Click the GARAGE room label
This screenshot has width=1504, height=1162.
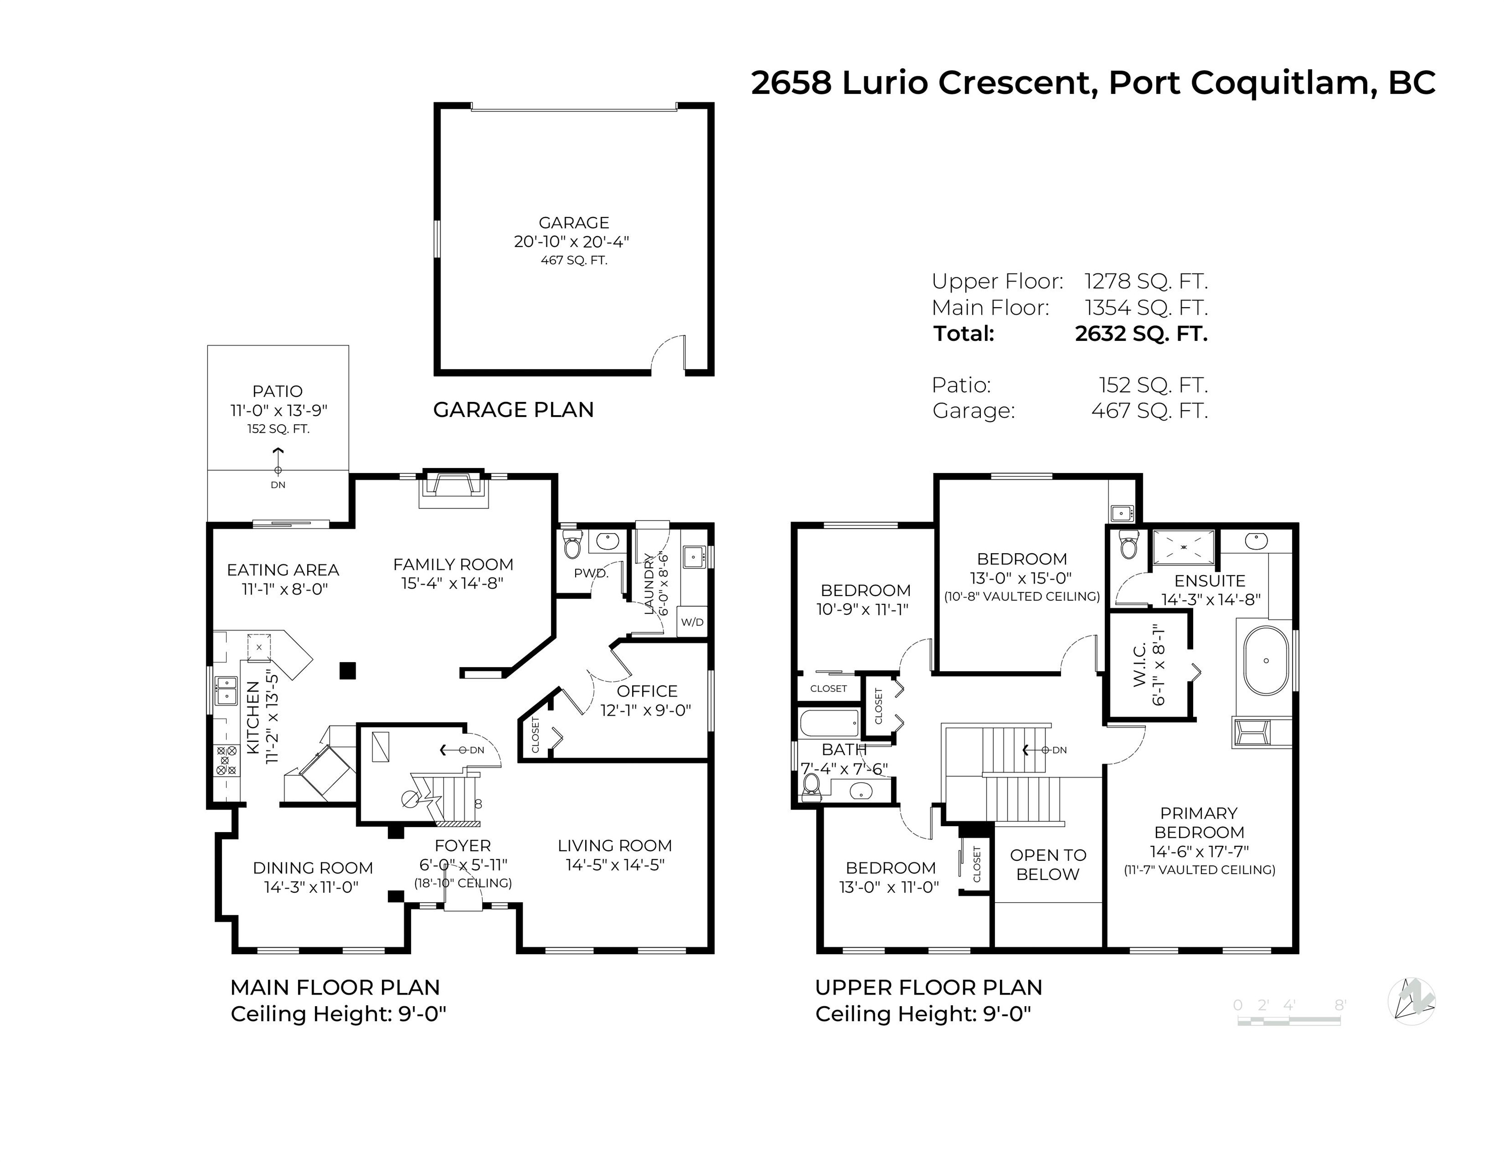[x=574, y=223]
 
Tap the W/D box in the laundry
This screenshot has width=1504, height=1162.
[x=692, y=622]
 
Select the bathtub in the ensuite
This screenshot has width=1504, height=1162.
[x=1266, y=661]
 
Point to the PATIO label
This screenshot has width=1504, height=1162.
[x=277, y=391]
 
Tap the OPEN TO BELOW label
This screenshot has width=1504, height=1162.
[x=1047, y=864]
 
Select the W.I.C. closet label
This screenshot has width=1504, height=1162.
[x=1139, y=665]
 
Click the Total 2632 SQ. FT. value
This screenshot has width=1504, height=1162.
[x=1141, y=334]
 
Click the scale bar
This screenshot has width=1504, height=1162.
[x=1289, y=1021]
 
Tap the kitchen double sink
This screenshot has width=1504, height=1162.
[x=226, y=690]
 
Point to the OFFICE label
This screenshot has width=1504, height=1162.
[x=647, y=691]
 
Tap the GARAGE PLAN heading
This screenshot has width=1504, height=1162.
[x=513, y=410]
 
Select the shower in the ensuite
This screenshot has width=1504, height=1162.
[x=1184, y=547]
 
